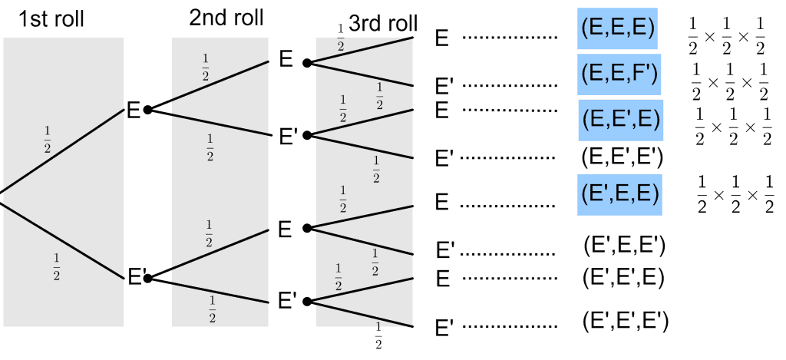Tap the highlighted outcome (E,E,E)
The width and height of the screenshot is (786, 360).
pyautogui.click(x=618, y=29)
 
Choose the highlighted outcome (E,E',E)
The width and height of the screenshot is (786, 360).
pyautogui.click(x=620, y=119)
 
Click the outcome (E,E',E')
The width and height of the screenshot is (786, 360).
pyautogui.click(x=622, y=157)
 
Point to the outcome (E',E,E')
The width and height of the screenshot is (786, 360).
pyautogui.click(x=623, y=246)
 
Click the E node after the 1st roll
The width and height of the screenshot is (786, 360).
pyautogui.click(x=134, y=111)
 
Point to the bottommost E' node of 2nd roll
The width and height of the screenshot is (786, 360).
pyautogui.click(x=287, y=300)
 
